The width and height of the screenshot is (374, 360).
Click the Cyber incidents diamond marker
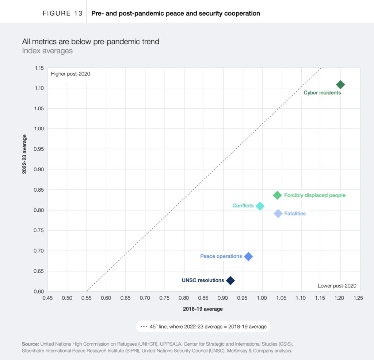[x=340, y=85]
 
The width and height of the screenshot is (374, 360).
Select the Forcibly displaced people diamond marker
[x=277, y=195]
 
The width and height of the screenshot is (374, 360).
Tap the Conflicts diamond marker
[x=260, y=206]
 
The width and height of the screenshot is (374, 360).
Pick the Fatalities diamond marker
[x=278, y=214]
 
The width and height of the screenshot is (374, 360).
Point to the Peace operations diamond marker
[x=248, y=256]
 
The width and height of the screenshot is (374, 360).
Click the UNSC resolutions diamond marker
[x=230, y=280]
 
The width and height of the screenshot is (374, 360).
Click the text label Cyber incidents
[x=322, y=93]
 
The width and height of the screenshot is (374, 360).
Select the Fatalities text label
[x=295, y=214]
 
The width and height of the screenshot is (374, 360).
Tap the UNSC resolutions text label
[x=203, y=280]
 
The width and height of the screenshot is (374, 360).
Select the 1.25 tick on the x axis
[x=358, y=298]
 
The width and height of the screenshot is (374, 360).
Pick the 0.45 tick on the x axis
[x=47, y=298]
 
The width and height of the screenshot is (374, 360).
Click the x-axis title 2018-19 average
[x=203, y=309]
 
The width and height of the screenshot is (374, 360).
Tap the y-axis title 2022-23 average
[x=24, y=154]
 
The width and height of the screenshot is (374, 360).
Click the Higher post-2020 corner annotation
[x=70, y=74]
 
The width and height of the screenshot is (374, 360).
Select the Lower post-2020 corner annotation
[x=337, y=286]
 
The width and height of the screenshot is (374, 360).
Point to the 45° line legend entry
[x=203, y=326]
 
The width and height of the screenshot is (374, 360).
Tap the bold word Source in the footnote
[x=30, y=344]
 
